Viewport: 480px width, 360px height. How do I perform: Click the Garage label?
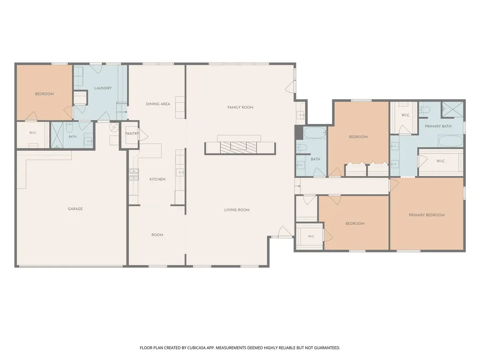pos(75,209)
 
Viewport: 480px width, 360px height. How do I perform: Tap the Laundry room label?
pos(103,88)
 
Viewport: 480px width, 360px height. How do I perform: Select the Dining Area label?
pos(158,104)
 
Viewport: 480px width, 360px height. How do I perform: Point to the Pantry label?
pos(132,134)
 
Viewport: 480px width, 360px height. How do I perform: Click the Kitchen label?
pos(157,179)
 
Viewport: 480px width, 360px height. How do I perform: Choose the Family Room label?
pos(240,108)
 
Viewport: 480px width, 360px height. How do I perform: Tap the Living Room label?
pos(237,210)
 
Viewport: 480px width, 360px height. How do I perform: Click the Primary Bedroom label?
pos(427,215)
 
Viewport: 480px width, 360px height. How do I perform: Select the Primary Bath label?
pos(438,126)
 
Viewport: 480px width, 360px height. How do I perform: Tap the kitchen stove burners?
pos(134,175)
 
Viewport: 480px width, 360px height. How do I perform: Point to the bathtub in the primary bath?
pos(450,141)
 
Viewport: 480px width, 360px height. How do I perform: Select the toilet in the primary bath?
pos(424,110)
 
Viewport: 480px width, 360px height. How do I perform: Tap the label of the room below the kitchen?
pos(157,235)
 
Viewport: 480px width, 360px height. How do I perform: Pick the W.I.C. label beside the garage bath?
pos(33,133)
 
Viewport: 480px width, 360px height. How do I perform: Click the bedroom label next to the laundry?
pos(44,94)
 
